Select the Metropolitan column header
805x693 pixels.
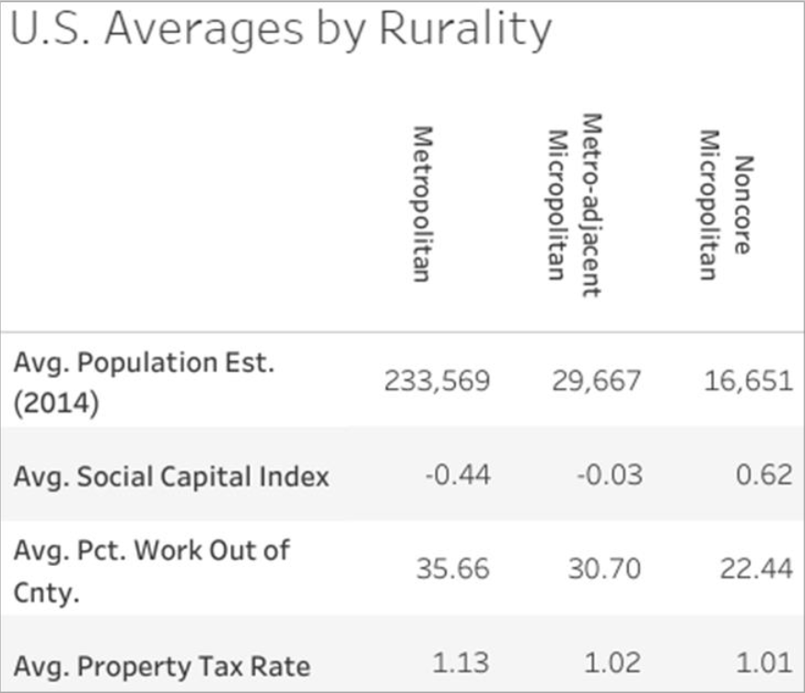coord(421,204)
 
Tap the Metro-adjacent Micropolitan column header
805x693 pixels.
coord(574,205)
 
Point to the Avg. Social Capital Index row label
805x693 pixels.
coord(171,476)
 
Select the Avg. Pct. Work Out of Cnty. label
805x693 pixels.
coord(152,570)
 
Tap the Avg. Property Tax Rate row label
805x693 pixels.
coord(162,665)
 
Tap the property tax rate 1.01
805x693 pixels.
coord(768,664)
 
